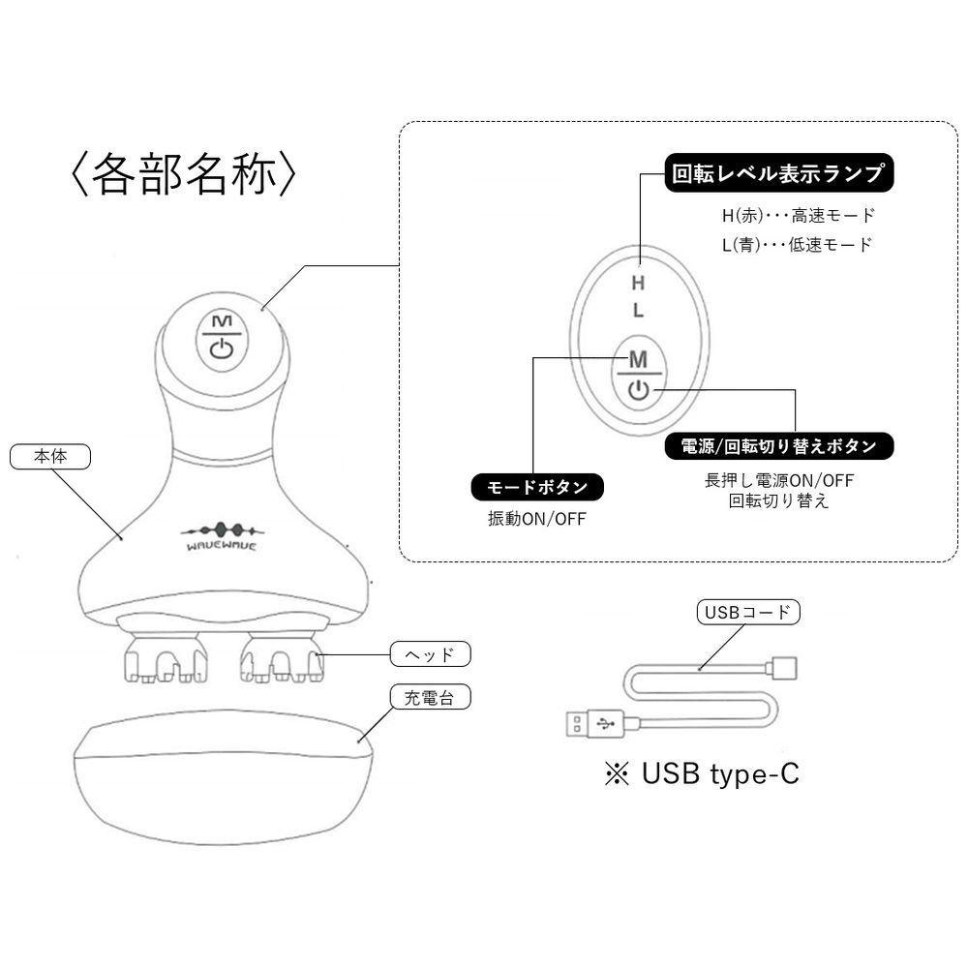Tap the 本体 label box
(x=49, y=456)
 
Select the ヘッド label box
(x=430, y=654)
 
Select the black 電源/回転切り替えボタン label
(x=778, y=446)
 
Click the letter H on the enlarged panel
(x=637, y=284)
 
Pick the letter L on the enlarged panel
(x=637, y=312)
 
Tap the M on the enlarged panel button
(x=637, y=359)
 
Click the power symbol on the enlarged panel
(x=637, y=390)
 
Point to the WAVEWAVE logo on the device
(x=220, y=537)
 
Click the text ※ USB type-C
(x=702, y=775)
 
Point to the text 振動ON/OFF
(x=537, y=518)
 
